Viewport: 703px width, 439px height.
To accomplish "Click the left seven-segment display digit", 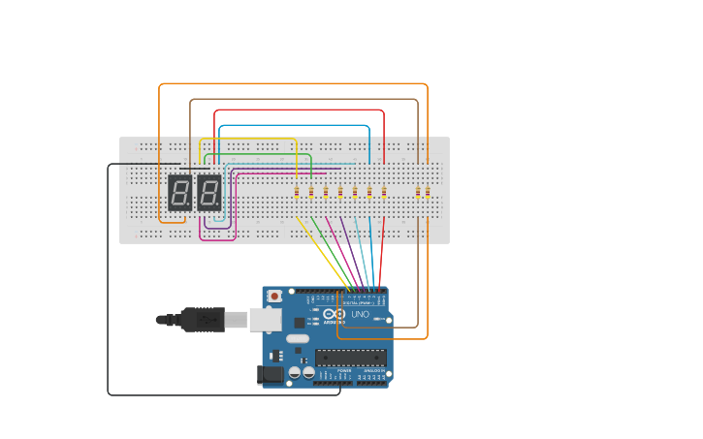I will [179, 193].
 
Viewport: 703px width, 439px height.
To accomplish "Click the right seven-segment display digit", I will [208, 193].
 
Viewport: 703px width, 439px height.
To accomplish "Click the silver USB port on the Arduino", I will [265, 319].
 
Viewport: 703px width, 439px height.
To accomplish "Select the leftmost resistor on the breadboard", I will [297, 192].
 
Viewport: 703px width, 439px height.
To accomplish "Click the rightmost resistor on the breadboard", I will [427, 192].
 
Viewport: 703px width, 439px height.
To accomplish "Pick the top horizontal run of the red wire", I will [300, 110].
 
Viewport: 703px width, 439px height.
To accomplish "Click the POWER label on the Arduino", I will [344, 371].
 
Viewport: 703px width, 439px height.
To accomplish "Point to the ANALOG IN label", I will [373, 371].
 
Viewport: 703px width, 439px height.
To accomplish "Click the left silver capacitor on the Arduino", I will [295, 371].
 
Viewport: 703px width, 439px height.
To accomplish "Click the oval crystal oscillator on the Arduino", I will [297, 339].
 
